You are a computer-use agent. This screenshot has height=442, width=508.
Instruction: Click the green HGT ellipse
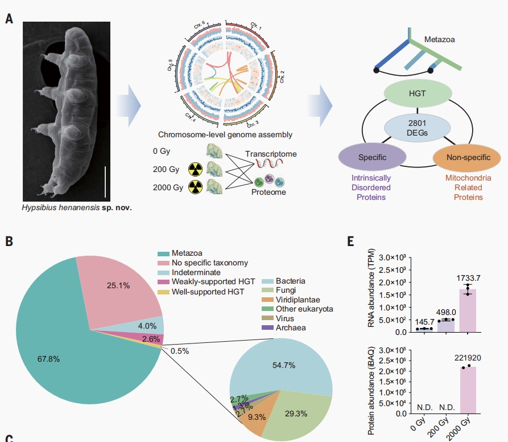point(408,93)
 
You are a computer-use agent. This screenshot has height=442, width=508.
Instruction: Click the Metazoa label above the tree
point(440,40)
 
